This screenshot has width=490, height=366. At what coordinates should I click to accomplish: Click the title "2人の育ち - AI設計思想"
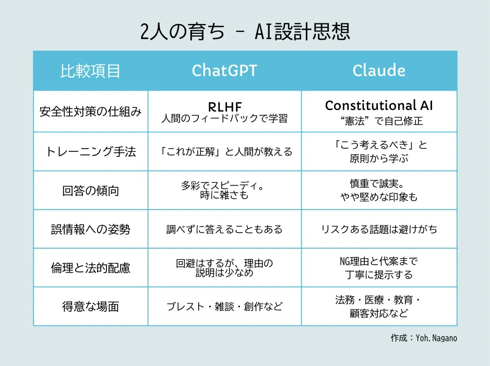point(245,31)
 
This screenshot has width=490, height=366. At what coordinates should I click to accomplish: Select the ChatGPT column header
point(224,70)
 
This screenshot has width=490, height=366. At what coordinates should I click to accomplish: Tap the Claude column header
point(379,70)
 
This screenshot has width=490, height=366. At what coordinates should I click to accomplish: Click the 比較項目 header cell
point(90,71)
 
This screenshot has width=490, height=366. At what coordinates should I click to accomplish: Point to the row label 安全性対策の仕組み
point(90,112)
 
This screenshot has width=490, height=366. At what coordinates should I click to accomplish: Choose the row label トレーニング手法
point(90,152)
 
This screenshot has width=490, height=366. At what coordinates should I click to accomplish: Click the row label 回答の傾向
point(90,190)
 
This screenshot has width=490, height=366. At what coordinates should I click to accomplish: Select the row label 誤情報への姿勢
point(90,229)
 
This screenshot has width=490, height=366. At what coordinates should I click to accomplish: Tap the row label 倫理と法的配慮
point(90,268)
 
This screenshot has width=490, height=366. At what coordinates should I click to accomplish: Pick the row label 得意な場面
point(90,307)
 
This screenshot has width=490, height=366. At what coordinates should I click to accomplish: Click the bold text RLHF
point(225,107)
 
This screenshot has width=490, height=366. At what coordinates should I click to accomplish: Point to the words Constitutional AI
point(379,105)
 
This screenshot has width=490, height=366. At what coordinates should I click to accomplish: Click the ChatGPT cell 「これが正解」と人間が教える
point(225,152)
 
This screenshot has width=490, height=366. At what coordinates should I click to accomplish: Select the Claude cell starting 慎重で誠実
point(379,190)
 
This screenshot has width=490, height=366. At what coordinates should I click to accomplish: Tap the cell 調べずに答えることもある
point(224,229)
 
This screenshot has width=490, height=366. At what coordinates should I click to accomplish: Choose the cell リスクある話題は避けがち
point(379,229)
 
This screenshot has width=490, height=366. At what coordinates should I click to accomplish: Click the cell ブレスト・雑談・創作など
point(224,307)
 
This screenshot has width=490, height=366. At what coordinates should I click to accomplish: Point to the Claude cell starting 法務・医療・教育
point(379,307)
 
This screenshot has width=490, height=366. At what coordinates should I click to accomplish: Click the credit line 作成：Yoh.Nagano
point(424,338)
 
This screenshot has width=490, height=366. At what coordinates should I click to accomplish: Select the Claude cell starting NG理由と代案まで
point(379,267)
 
